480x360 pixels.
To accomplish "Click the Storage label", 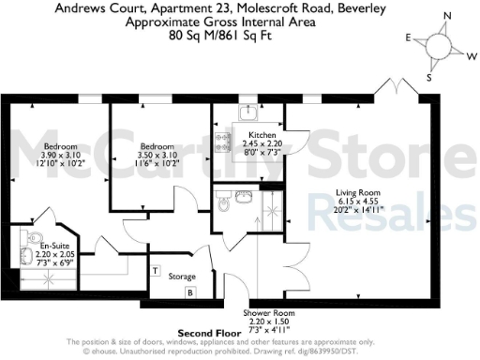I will pyautogui.click(x=182, y=277).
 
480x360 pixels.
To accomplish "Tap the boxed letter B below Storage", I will pyautogui.click(x=189, y=292).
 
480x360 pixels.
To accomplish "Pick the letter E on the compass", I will pyautogui.click(x=409, y=37).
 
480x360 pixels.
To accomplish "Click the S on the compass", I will pyautogui.click(x=428, y=78).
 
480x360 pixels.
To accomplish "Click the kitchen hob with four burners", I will pyautogui.click(x=224, y=142).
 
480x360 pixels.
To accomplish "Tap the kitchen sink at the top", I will pyautogui.click(x=247, y=113).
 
